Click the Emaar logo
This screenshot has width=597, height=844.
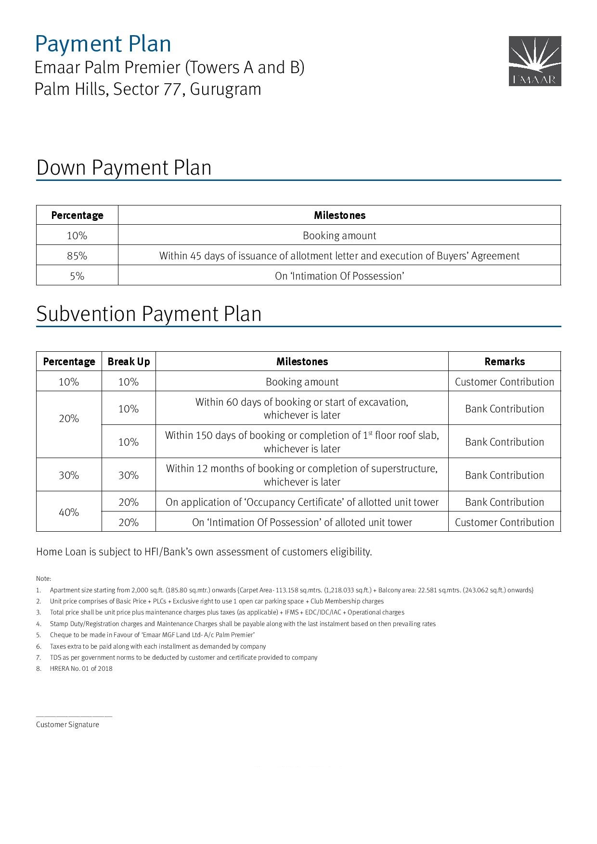click(x=535, y=61)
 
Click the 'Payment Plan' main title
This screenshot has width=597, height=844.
click(x=103, y=44)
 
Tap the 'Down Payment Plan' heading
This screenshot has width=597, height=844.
click(x=124, y=168)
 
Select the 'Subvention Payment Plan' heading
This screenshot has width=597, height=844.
click(x=149, y=314)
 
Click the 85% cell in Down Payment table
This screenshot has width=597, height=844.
click(x=77, y=256)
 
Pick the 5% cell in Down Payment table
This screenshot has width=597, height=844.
click(x=77, y=276)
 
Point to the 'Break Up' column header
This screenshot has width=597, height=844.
click(x=129, y=362)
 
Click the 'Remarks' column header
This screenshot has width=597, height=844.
click(x=505, y=362)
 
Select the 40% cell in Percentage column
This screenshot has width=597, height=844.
click(x=69, y=512)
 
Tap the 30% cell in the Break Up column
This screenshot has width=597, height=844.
click(x=129, y=475)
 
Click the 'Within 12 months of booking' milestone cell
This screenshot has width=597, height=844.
click(x=302, y=475)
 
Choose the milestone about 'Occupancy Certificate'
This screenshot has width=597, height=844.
click(x=302, y=502)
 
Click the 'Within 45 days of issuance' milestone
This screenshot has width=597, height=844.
click(x=339, y=256)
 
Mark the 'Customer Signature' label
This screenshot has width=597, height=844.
click(x=67, y=725)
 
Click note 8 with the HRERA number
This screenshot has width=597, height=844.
click(x=81, y=669)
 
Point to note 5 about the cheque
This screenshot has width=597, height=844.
click(x=152, y=635)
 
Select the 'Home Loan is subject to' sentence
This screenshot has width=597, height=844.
click(x=204, y=552)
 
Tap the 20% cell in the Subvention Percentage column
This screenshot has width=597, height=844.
click(x=69, y=419)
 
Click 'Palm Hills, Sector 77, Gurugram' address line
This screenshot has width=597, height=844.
click(x=148, y=90)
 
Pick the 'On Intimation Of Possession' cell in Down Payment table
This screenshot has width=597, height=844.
click(x=339, y=276)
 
